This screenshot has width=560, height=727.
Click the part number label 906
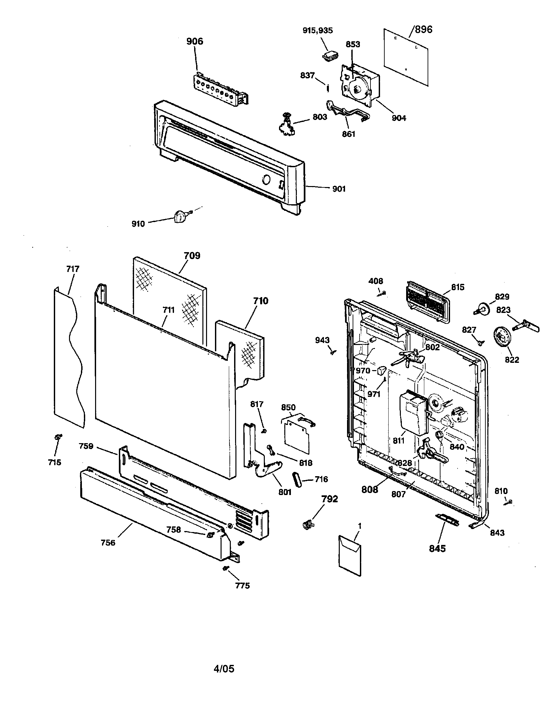tap(194, 41)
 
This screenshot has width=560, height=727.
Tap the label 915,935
tap(317, 30)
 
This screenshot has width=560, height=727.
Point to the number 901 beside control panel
tap(339, 189)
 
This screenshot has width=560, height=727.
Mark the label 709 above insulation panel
tap(192, 256)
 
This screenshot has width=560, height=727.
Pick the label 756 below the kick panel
tap(108, 543)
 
